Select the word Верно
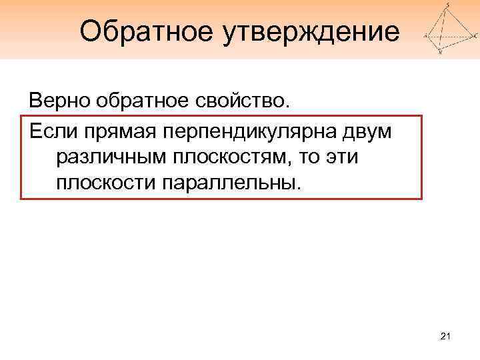click(x=59, y=101)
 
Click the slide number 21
click(x=446, y=340)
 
